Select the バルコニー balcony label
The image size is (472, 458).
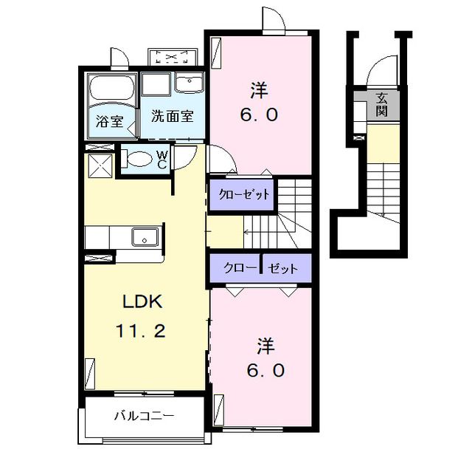(x=145, y=415)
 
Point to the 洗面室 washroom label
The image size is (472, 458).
(x=173, y=116)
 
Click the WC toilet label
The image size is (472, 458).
(x=162, y=159)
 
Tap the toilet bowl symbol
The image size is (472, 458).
(x=136, y=158)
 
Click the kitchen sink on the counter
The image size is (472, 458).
(x=144, y=237)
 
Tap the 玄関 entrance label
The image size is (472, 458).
(x=381, y=104)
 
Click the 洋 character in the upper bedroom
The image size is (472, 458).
(x=257, y=91)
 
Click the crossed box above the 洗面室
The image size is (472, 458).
(x=173, y=57)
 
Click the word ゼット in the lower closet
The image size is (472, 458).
(x=282, y=269)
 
